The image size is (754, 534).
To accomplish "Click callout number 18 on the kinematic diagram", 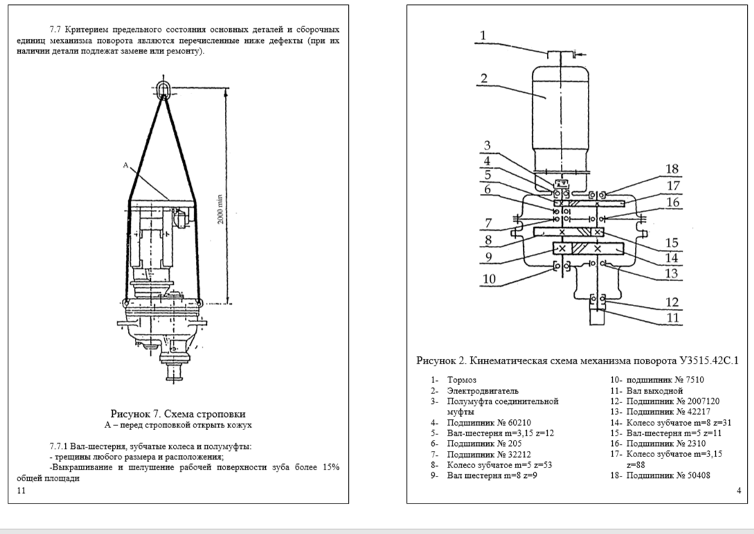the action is point(672,169).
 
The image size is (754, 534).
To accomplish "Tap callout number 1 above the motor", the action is point(483,35).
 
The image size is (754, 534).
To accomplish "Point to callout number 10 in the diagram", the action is point(489,279).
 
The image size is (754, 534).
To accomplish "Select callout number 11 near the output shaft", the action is point(673,318).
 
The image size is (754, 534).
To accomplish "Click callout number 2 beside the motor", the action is point(484,78).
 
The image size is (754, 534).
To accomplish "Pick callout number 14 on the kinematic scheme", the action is point(672,258).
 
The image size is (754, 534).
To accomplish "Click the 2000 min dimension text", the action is point(220,208).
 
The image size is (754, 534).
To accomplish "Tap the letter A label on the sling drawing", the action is point(125,166).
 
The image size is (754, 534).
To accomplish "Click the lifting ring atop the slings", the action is point(165,88).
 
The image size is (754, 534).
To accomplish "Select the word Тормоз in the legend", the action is point(462,380).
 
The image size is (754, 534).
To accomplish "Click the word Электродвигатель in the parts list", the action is point(483,391).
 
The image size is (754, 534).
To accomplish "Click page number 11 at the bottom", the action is point(21,490).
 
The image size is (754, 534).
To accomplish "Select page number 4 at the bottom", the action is point(739,490).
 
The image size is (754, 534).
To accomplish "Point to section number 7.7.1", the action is point(59,447).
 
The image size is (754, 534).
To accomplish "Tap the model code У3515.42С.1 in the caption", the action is point(709,360).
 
